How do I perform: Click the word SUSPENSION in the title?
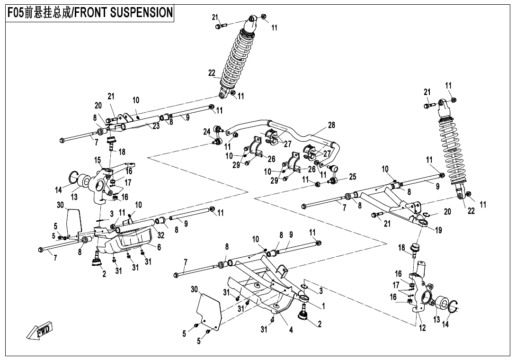pyautogui.click(x=141, y=13)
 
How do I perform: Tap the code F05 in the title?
pyautogui.click(x=17, y=13)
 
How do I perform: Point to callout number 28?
pyautogui.click(x=331, y=125)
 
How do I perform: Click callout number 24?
pyautogui.click(x=207, y=132)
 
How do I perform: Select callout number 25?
pyautogui.click(x=352, y=177)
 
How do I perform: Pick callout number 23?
pyautogui.click(x=156, y=126)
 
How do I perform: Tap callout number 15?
pyautogui.click(x=98, y=160)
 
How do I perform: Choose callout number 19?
pyautogui.click(x=438, y=231)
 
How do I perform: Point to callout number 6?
pyautogui.click(x=159, y=247)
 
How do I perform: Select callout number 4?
pyautogui.click(x=291, y=330)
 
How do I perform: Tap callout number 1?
pyautogui.click(x=323, y=306)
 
